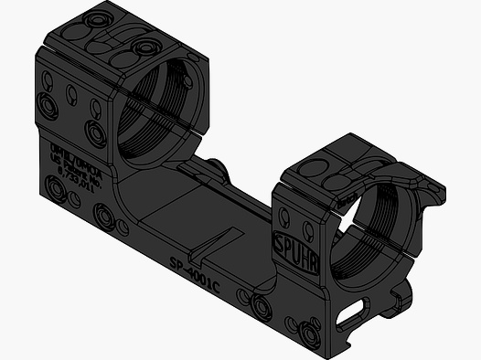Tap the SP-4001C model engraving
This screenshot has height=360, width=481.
coord(195,273)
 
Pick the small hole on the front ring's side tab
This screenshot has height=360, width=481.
coord(422,190)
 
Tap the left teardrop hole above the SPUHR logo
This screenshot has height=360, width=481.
coord(285,217)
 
